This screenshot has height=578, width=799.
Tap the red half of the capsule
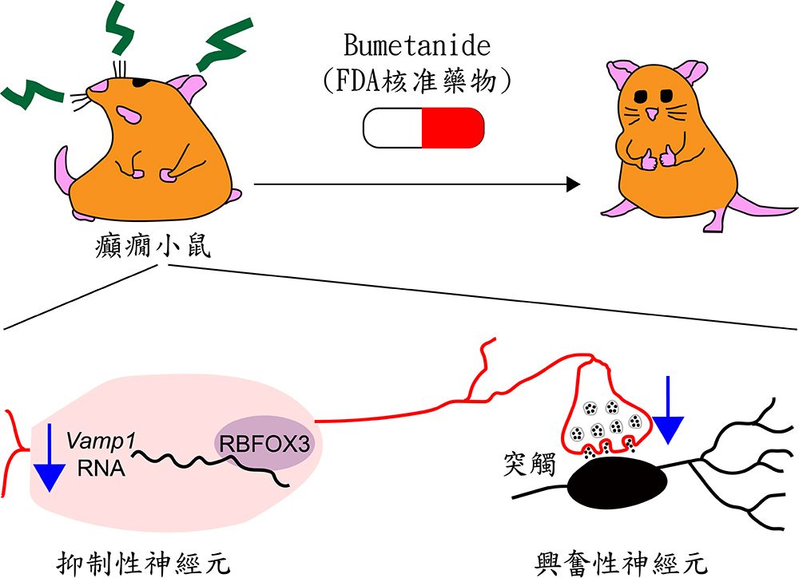pos(452,127)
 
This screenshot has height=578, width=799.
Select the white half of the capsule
pos(392,127)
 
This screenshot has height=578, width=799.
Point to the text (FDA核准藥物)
pos(423,80)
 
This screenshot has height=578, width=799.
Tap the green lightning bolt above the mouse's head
pos(123,33)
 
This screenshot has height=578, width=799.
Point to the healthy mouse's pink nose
pos(653,114)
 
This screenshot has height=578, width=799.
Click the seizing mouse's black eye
pos(138,81)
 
